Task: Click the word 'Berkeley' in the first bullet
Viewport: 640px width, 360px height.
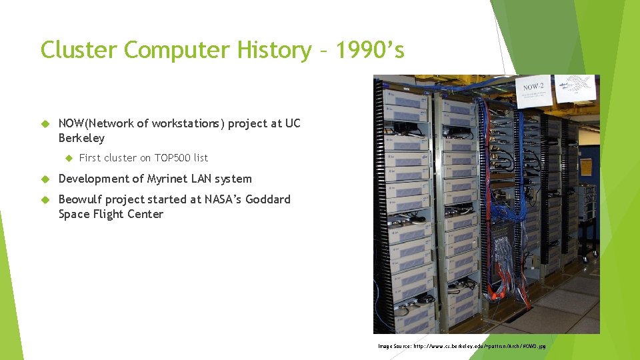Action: pos(81,138)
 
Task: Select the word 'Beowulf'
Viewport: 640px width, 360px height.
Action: pos(80,199)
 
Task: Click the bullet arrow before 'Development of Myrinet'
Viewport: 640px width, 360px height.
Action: pos(45,179)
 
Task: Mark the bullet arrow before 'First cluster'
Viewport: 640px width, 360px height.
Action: pos(67,158)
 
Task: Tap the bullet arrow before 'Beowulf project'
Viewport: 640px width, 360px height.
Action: pos(45,199)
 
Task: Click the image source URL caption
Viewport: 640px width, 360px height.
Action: pos(461,347)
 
